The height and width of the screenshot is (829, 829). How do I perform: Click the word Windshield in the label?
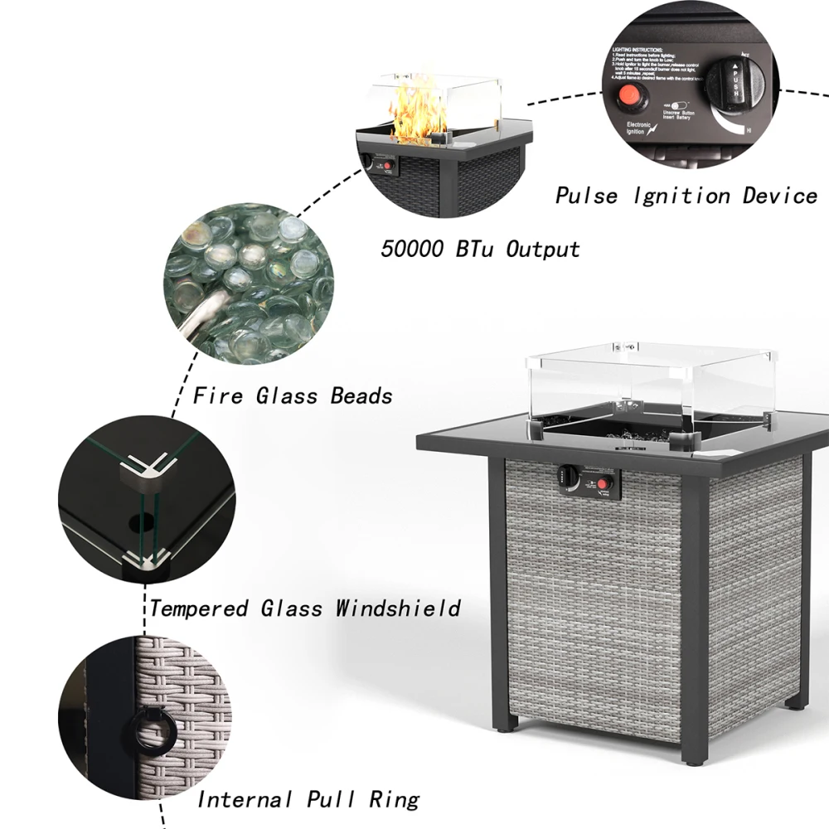coord(398,608)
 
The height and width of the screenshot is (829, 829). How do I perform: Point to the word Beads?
coord(361,395)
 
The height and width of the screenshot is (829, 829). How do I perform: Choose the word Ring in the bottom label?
coord(394,799)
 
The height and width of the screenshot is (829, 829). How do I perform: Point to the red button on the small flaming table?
coord(386,165)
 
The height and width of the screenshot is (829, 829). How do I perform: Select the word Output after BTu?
coord(543,248)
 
